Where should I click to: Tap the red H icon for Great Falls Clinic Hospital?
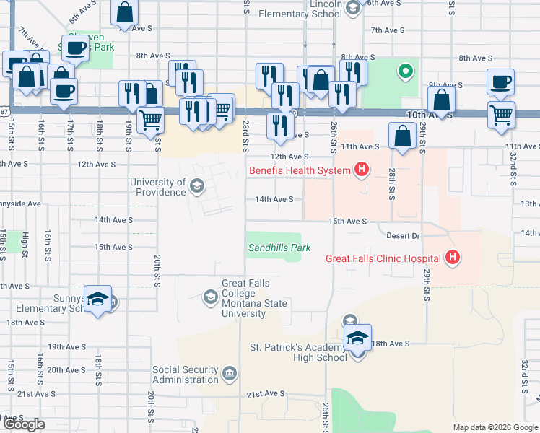453,258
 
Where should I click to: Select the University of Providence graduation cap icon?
196,188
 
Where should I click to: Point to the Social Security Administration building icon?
229,373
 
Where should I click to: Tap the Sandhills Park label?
279,248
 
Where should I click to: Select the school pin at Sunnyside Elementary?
98,299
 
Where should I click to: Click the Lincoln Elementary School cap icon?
352,9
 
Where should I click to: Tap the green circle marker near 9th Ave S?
406,71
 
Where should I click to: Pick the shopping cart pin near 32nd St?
501,114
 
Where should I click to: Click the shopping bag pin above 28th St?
401,135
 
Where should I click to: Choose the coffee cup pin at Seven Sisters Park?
75,48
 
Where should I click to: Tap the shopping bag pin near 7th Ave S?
125,12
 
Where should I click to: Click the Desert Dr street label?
404,235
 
